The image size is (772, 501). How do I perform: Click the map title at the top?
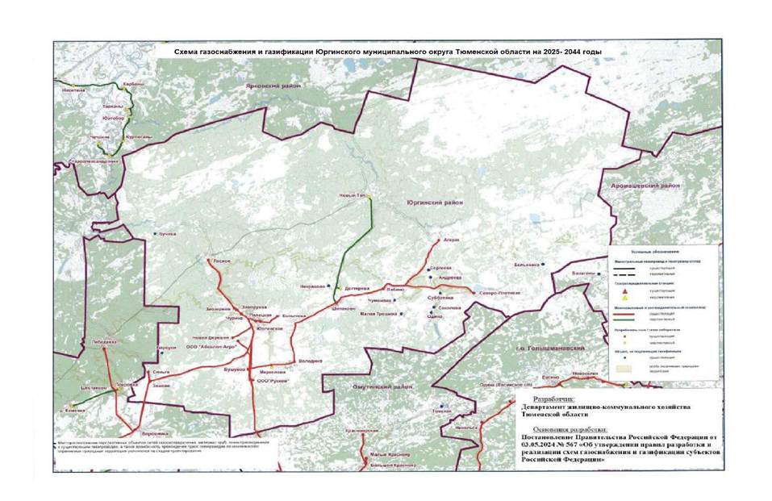point(389,51)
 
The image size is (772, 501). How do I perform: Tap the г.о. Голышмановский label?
point(557,348)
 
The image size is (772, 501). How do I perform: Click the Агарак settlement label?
point(451,240)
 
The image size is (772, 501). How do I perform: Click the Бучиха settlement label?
point(166,234)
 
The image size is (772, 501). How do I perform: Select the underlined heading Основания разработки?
point(562,429)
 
